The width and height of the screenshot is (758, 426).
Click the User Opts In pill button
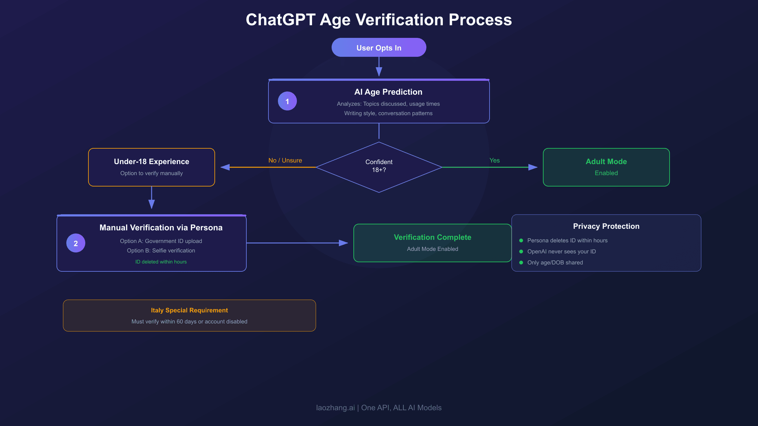click(x=379, y=48)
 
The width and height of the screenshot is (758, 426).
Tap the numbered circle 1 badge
click(x=287, y=101)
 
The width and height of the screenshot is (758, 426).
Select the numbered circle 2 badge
click(x=76, y=243)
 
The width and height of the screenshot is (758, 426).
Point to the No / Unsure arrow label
click(x=285, y=160)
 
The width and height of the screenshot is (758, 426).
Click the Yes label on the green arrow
click(x=494, y=160)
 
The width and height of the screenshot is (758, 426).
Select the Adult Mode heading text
click(x=606, y=162)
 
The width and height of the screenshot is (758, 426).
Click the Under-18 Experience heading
click(x=151, y=162)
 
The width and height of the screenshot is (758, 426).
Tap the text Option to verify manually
click(x=151, y=173)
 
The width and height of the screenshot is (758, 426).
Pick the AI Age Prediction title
click(x=388, y=92)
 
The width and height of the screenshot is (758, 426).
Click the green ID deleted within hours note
click(x=161, y=262)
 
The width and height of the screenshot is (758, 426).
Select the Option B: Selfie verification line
click(x=161, y=251)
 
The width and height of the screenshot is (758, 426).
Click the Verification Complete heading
click(x=432, y=237)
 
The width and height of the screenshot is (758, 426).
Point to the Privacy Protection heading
click(x=606, y=226)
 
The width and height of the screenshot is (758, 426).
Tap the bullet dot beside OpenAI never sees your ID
click(x=521, y=251)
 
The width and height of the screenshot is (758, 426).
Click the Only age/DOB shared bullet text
click(x=555, y=263)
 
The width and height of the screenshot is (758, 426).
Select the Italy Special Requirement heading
click(x=189, y=310)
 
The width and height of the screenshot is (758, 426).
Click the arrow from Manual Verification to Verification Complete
click(x=297, y=243)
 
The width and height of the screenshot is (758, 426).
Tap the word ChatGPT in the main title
click(x=280, y=20)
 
